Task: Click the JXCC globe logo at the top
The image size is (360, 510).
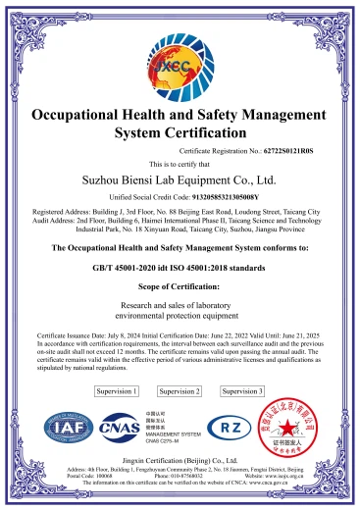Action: (180, 60)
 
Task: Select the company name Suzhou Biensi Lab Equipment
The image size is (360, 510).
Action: (180, 179)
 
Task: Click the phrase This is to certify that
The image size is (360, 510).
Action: (180, 163)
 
